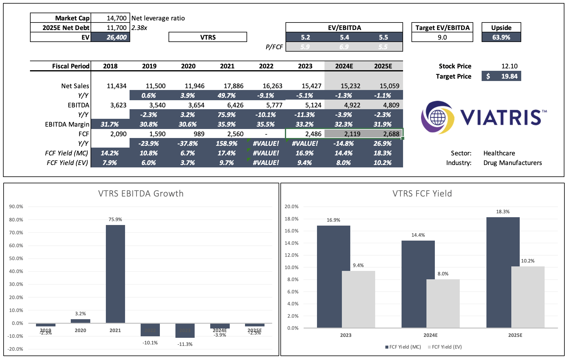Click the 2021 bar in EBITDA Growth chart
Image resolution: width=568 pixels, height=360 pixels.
[115, 274]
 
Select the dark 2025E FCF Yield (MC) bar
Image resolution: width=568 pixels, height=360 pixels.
[503, 272]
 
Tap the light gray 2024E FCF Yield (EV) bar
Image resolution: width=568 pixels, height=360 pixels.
[443, 303]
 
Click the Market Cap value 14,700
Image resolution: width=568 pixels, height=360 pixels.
[116, 18]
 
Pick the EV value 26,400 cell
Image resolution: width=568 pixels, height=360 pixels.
[116, 37]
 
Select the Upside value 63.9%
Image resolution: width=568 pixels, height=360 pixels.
[501, 37]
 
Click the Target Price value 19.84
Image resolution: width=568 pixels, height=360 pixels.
[509, 76]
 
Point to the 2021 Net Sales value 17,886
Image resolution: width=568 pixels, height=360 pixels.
[233, 86]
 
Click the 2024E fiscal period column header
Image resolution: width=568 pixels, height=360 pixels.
[344, 66]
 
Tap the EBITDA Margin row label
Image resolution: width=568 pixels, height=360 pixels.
[67, 124]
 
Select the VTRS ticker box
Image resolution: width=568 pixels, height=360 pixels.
[208, 37]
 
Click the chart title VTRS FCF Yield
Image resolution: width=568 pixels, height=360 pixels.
[422, 193]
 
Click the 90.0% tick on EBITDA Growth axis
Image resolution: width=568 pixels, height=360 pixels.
[16, 206]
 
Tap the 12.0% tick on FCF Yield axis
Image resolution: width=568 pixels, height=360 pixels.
[291, 255]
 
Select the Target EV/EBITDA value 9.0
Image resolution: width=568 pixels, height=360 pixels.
[442, 37]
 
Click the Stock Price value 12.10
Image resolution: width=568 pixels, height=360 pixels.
[509, 66]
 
